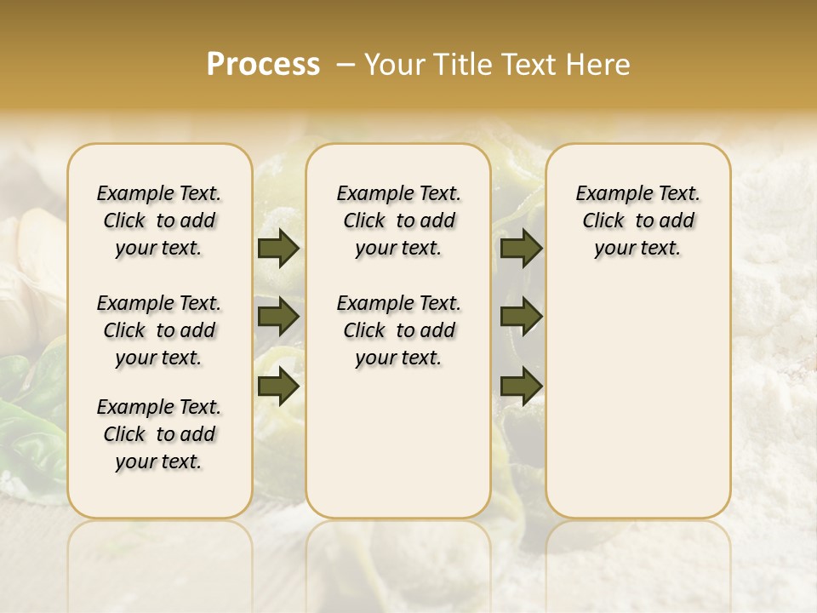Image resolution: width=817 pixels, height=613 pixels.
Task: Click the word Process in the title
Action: (x=263, y=65)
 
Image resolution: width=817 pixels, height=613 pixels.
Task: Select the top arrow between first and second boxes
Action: (x=278, y=248)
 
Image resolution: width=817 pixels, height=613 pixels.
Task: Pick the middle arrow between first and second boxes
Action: (x=278, y=317)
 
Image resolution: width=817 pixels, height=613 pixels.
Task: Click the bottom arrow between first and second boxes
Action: (x=278, y=387)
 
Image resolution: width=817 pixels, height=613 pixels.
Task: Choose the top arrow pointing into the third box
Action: (x=522, y=248)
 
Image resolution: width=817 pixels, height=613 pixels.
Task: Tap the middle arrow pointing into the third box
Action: (x=522, y=317)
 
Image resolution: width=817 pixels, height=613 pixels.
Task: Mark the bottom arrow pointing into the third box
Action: (x=522, y=387)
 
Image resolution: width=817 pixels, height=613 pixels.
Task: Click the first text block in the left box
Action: (x=159, y=221)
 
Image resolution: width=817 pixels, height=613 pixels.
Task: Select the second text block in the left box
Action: (x=159, y=330)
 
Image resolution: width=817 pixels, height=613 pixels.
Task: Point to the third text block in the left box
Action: (x=159, y=434)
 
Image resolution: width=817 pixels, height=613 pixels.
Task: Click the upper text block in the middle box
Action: (x=398, y=221)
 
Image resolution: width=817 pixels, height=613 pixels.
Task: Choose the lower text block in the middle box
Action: (x=398, y=330)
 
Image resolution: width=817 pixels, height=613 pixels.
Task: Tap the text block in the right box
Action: (x=638, y=221)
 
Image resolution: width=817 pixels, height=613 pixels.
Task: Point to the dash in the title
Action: (x=346, y=65)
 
